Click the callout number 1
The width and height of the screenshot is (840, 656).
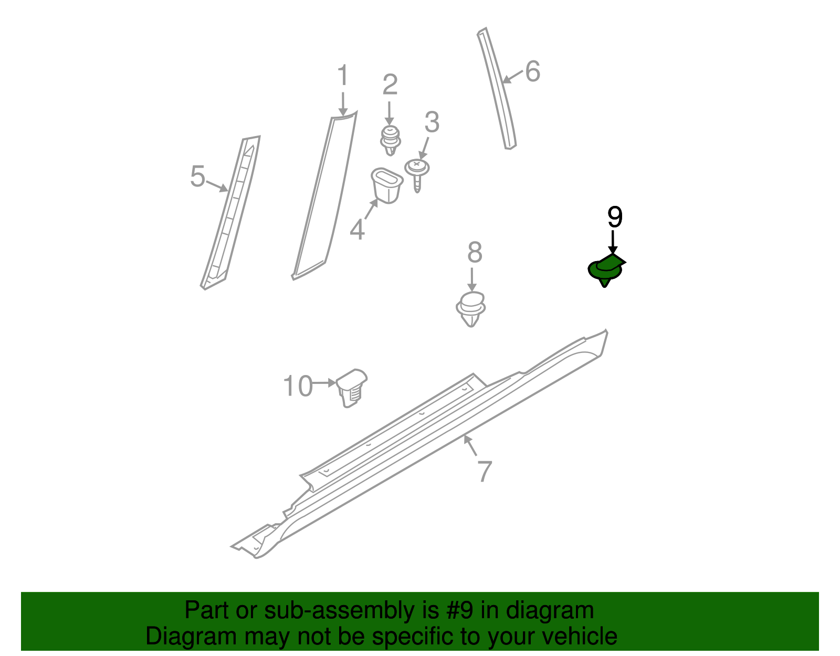342,76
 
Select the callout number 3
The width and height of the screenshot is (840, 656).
432,122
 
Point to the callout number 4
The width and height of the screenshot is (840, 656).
357,230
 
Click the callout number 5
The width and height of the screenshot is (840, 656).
197,176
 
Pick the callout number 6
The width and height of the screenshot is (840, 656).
532,71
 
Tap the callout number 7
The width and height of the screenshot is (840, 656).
485,471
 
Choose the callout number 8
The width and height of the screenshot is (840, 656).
475,253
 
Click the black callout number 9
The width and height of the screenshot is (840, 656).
614,217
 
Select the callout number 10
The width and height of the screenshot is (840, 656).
298,387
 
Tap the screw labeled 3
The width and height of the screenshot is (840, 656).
417,174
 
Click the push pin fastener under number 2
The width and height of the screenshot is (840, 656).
390,140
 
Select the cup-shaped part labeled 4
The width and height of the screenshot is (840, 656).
386,185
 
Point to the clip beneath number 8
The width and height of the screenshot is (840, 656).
471,309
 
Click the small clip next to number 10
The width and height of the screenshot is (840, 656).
351,387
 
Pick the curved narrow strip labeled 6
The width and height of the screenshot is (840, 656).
497,89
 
